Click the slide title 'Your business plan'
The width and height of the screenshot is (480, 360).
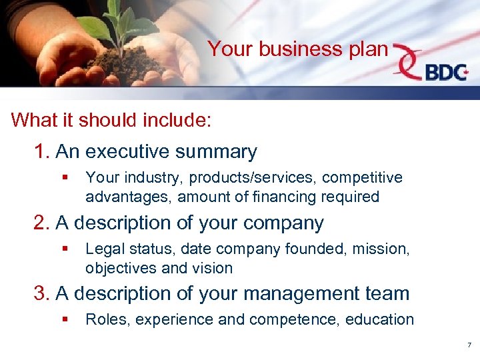pos(297,49)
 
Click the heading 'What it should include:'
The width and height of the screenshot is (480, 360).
pos(111,120)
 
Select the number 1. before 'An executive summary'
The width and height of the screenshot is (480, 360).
pos(42,152)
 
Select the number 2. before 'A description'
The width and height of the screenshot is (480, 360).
pos(42,223)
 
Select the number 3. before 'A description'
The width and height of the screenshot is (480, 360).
pos(42,293)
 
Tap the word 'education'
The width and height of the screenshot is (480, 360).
pos(380,319)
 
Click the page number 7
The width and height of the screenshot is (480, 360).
pos(469,345)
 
